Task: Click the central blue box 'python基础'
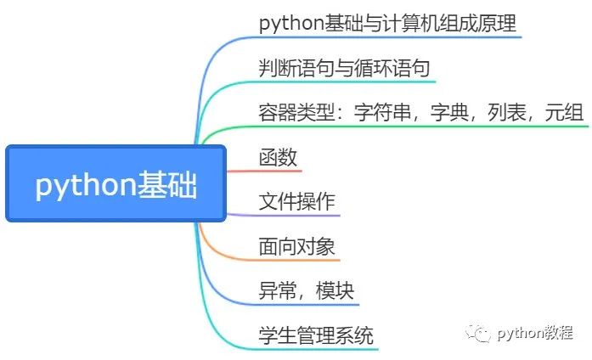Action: click(x=116, y=184)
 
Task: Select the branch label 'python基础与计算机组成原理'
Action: click(x=387, y=23)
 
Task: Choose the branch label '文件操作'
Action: click(x=296, y=202)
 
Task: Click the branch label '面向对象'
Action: click(x=296, y=247)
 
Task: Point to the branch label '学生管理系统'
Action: click(x=316, y=335)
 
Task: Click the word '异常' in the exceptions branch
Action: click(x=278, y=291)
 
